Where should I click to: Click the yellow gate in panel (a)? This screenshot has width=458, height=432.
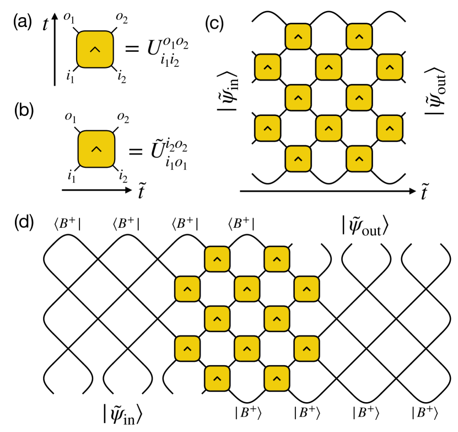(95, 50)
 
